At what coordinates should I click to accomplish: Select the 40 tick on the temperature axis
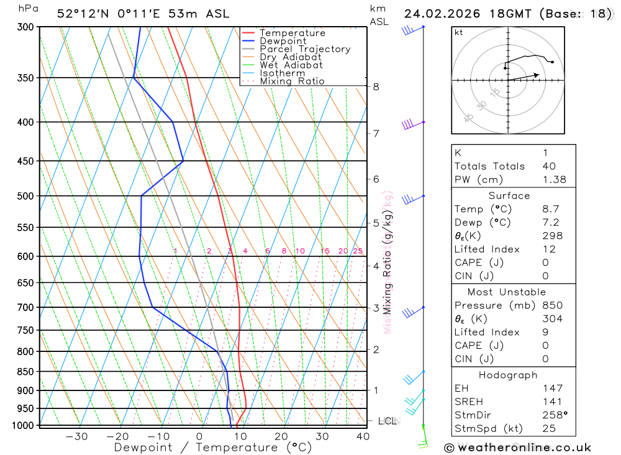click(x=363, y=436)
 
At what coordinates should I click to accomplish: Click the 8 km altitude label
click(x=376, y=87)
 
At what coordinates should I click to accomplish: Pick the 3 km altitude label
click(x=376, y=308)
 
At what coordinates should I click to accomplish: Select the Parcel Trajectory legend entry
click(x=305, y=49)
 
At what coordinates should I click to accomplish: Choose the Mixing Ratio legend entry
click(x=292, y=81)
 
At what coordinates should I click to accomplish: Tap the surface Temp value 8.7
click(x=550, y=209)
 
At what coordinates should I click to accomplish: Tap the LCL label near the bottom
click(x=387, y=421)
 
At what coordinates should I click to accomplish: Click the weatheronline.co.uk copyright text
click(x=517, y=448)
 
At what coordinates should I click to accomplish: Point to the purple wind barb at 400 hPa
click(x=410, y=124)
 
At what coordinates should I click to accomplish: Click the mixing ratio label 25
click(x=358, y=251)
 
